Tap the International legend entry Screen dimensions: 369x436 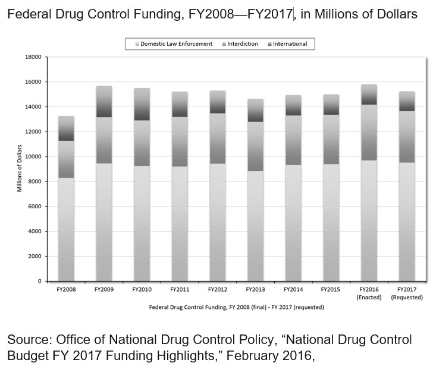point(288,43)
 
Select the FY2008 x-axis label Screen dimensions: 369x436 point(66,289)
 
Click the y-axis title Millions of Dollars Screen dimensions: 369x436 point(20,169)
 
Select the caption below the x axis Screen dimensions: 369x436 point(236,307)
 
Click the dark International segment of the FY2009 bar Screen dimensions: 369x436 point(104,102)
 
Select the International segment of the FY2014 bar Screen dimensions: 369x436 point(294,105)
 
